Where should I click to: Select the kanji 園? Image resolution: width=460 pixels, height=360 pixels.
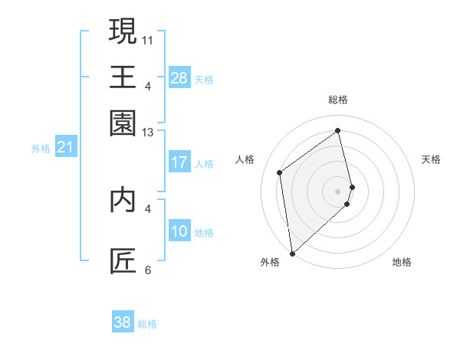123,122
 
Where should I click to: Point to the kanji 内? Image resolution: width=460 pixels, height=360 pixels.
123,198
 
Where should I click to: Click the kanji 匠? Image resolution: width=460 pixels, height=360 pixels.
123,261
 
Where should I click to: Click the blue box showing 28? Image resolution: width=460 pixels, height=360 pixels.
179,78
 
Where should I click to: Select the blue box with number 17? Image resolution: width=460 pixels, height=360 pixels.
179,162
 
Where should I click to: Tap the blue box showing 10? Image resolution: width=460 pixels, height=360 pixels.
179,231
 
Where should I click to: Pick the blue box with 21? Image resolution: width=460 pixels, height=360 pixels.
65,147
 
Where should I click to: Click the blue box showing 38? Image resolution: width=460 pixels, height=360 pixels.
122,322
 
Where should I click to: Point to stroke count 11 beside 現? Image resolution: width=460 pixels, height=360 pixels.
148,38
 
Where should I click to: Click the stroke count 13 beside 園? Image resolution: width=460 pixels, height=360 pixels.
148,132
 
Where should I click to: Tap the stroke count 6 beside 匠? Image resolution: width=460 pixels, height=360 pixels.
148,270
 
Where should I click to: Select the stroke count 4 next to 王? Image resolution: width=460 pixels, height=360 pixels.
148,85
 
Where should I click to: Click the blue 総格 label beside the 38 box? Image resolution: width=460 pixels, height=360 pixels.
147,324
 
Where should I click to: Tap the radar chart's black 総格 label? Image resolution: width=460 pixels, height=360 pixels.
338,100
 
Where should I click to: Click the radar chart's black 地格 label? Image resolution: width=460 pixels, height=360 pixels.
402,263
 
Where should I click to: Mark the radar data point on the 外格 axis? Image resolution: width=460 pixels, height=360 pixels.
292,254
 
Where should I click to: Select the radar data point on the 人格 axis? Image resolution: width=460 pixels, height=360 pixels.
280,172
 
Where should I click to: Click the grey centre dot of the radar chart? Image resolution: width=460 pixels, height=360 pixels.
338,190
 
